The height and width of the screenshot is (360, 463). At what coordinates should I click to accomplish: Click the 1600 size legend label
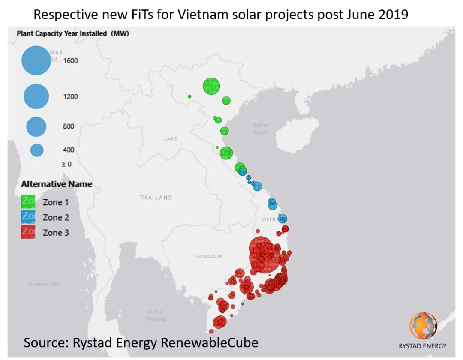coord(71,61)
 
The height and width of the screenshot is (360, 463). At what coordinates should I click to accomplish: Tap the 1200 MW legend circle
coord(36,96)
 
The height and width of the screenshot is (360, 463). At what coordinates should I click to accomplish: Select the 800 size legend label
coord(69,126)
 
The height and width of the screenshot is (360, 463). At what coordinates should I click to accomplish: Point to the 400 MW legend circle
coord(37,150)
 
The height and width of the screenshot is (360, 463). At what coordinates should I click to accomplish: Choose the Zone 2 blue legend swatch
coord(28,217)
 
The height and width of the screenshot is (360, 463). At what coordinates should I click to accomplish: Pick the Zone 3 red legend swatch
coord(28,232)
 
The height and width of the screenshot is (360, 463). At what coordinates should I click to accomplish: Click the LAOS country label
coord(170,139)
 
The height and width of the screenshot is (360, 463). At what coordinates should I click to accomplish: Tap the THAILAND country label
coord(156,198)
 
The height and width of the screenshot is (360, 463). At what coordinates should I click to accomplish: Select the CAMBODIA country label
coord(209,256)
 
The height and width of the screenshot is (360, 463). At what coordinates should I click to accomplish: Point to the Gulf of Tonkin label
coord(260,129)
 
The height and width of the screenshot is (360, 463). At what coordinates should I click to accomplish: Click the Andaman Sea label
coord(44,284)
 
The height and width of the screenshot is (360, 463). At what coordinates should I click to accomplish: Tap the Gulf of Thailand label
coord(156,315)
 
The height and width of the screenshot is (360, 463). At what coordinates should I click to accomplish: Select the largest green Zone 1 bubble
coord(211,86)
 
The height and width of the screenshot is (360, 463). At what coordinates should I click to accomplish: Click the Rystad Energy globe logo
coord(423,326)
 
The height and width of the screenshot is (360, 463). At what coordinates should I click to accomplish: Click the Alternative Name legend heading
coord(57,184)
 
